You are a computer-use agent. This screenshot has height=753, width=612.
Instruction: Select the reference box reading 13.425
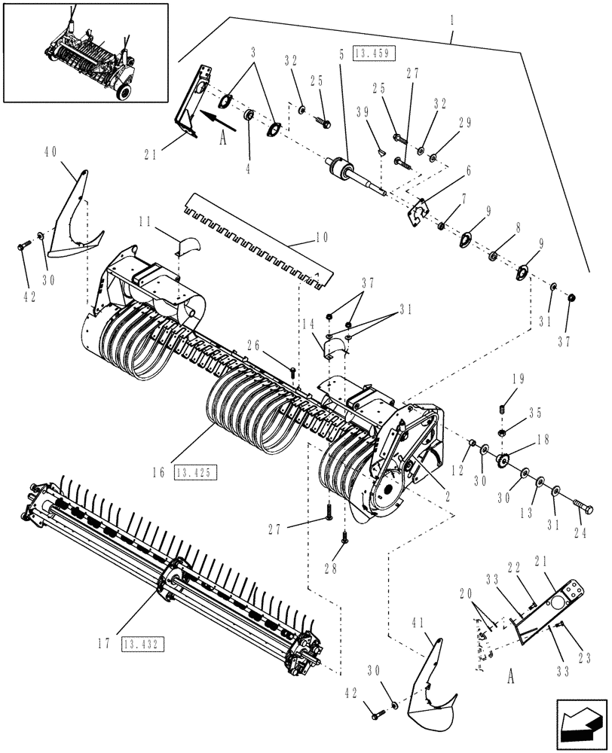pos(196,473)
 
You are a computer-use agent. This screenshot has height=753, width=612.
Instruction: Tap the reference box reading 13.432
pos(143,644)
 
